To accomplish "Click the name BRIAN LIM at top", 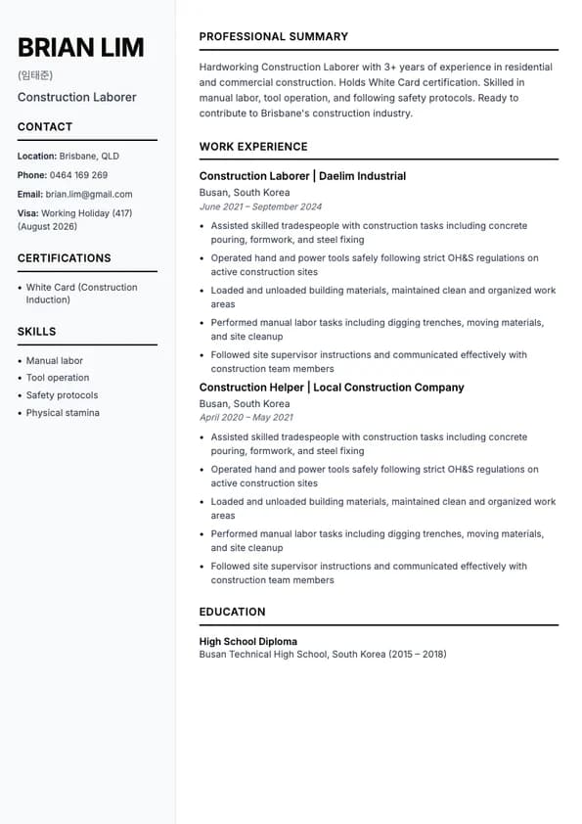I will point(80,47).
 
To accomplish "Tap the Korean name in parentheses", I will point(35,75).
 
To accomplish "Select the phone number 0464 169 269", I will point(78,175).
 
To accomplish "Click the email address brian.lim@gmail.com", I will point(89,194).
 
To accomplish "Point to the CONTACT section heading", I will point(45,127).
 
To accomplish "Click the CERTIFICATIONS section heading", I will point(64,258).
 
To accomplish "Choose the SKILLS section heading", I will point(36,332).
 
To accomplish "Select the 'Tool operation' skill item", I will point(58,378).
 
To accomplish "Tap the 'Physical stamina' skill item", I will point(63,413).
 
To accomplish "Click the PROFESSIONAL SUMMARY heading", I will point(274,37).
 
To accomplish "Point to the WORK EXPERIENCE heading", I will point(253,147).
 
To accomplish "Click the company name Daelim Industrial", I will point(361,176).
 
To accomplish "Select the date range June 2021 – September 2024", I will point(260,207).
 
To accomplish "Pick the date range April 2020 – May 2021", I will point(246,418).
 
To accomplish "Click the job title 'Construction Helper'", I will point(251,388).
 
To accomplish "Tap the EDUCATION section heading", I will point(232,612).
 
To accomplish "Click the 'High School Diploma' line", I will point(248,642).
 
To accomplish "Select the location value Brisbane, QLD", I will point(89,157).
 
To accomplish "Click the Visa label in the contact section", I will point(27,213).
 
